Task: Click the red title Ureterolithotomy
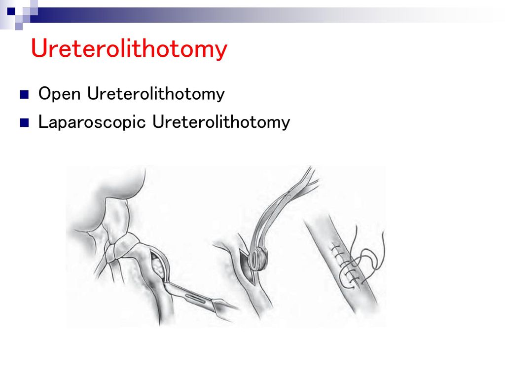129,49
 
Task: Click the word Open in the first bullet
59,94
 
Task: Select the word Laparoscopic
92,122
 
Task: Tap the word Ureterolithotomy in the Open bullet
156,94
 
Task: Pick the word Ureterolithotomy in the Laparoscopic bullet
221,122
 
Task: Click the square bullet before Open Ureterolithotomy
24,94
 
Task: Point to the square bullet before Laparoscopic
24,123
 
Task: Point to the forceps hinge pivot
289,196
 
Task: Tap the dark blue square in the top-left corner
11,12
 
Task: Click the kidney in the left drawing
107,200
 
